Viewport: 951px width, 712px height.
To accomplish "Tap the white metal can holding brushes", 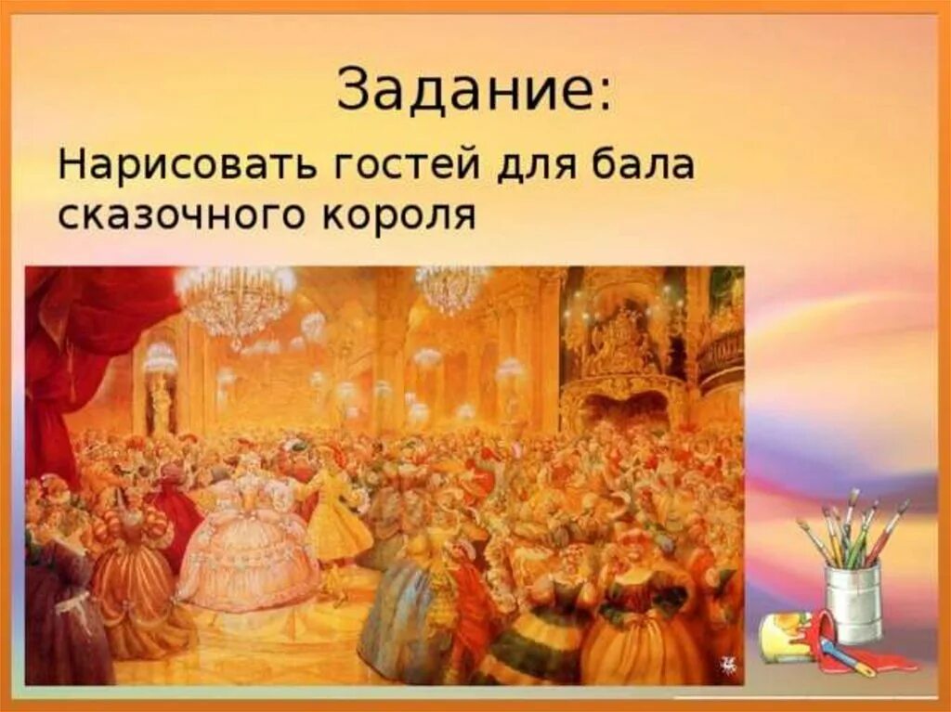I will click(x=853, y=602).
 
